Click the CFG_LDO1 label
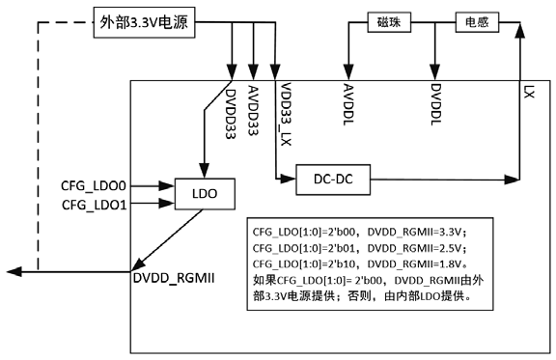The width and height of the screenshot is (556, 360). coord(95,205)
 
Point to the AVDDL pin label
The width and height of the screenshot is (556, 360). coord(347,105)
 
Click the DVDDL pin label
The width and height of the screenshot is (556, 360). coord(435,105)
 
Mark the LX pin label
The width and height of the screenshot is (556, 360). coord(528,93)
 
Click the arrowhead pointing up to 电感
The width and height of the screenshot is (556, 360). coord(519,33)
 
